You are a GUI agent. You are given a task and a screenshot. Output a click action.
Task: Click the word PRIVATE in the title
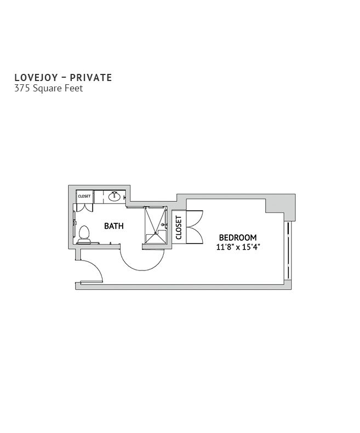(x=91, y=78)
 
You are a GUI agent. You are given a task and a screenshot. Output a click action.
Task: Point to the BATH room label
(x=113, y=226)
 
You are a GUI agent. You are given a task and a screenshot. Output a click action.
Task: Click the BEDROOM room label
(x=238, y=238)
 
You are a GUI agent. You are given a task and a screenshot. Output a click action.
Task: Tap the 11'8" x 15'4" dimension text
(x=238, y=247)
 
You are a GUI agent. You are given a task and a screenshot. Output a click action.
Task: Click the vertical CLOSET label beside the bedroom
(x=179, y=228)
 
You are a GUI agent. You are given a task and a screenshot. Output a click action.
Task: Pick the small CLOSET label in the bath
(x=84, y=197)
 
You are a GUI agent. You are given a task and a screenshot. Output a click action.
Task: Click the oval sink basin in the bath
(x=114, y=197)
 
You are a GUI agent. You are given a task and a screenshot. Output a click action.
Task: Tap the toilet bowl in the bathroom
(x=84, y=232)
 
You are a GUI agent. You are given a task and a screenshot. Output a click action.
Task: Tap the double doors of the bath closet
(x=84, y=207)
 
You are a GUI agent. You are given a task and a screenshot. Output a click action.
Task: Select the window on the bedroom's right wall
(x=288, y=251)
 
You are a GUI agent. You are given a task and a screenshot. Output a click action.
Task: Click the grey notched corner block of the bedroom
(x=280, y=206)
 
